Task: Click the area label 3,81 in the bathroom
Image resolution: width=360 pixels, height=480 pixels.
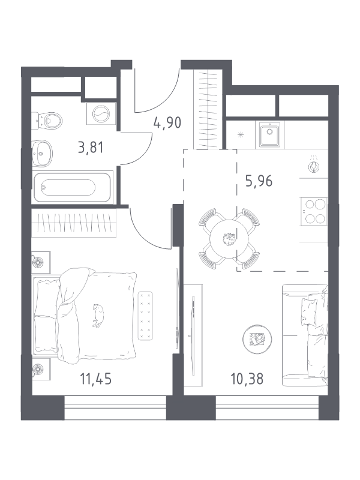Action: coord(91,148)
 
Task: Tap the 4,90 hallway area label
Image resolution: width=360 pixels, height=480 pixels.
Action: coord(167,122)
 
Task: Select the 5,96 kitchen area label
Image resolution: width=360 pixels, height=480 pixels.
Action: coord(259,181)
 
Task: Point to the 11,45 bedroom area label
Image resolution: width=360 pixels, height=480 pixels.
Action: coord(96,379)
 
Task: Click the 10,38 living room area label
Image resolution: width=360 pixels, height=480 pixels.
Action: coord(247,379)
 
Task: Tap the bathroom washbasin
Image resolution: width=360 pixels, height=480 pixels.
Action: coord(42,154)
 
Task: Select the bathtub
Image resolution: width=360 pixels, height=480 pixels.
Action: coord(73,187)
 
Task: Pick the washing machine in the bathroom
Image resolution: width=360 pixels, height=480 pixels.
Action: coord(101,113)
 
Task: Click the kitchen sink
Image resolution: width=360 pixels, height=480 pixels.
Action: coord(269,134)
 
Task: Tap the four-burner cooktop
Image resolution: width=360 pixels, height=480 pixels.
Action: coord(314,211)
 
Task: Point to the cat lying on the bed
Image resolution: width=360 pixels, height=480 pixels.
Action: coord(98,316)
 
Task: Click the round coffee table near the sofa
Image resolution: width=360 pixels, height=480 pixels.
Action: coord(257,339)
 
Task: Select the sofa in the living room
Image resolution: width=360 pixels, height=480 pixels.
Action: coord(305,335)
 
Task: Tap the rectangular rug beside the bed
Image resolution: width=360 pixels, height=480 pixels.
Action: coord(145,316)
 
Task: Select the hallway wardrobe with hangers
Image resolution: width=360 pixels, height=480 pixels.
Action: coord(208,109)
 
